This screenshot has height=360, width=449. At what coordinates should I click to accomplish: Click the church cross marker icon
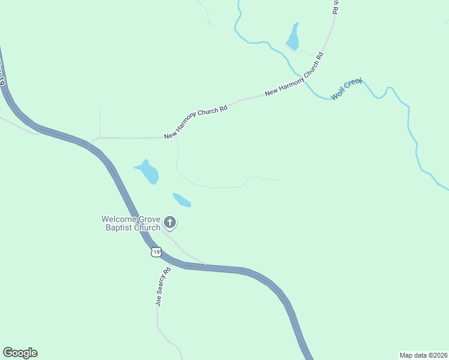(x=170, y=223)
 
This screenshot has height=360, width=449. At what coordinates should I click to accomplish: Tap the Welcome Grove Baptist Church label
(x=131, y=223)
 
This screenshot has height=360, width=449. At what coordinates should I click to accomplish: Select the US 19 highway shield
(x=156, y=253)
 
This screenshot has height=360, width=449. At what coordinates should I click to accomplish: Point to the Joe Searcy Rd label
(x=160, y=287)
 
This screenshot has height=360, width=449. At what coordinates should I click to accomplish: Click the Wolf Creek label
(x=346, y=88)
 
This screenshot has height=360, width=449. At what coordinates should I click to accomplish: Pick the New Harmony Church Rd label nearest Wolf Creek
(x=295, y=74)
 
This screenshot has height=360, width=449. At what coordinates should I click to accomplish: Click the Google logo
(x=20, y=353)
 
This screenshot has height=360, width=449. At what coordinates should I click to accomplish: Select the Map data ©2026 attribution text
(x=423, y=355)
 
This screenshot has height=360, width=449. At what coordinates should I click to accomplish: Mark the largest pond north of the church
(x=148, y=172)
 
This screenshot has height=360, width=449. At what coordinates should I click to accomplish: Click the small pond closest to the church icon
(x=181, y=200)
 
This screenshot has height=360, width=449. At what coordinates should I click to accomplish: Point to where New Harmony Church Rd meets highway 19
(x=89, y=143)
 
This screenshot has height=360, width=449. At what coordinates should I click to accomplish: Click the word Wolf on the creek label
(x=337, y=94)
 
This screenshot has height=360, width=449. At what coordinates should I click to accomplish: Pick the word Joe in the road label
(x=158, y=301)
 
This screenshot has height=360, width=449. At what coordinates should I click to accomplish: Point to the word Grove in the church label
(x=149, y=219)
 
